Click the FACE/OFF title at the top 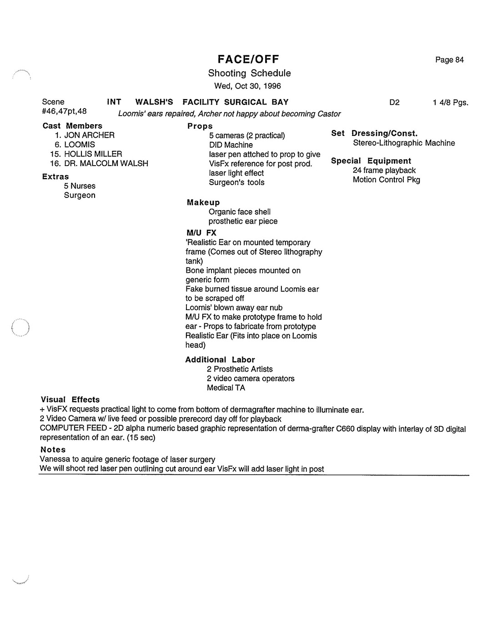[248, 59]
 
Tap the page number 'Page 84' [449, 60]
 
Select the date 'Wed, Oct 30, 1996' [248, 86]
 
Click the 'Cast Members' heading [72, 126]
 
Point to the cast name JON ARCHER [89, 136]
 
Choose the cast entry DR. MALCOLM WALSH [106, 163]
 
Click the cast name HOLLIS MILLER [93, 154]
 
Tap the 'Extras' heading [55, 177]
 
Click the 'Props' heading [200, 126]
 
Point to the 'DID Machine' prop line [231, 145]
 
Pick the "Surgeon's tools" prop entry [236, 182]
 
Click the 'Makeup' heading [203, 203]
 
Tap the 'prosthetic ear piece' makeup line [243, 221]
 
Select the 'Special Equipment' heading [371, 161]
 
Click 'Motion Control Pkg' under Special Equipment [386, 180]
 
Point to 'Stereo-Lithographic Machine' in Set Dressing [404, 143]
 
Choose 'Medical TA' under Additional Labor [226, 388]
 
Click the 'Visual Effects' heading [70, 400]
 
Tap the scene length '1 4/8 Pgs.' [450, 103]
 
